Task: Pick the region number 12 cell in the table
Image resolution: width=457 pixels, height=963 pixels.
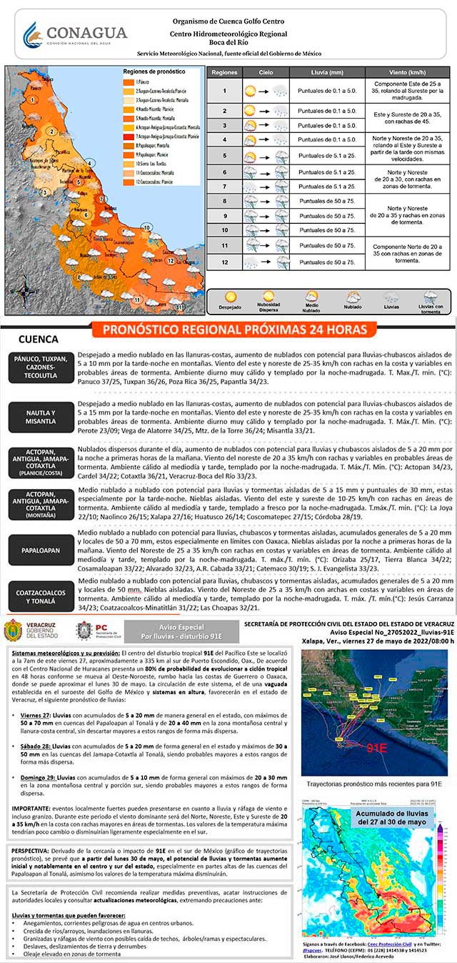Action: click(x=224, y=262)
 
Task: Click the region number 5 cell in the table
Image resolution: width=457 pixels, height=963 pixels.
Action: click(x=224, y=157)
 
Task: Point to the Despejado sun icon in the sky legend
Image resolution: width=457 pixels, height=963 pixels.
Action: click(x=231, y=299)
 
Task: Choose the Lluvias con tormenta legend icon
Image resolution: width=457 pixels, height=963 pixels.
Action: click(x=430, y=300)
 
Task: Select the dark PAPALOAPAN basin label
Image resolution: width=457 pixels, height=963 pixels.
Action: click(x=40, y=550)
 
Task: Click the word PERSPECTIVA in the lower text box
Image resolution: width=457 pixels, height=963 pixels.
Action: click(x=35, y=852)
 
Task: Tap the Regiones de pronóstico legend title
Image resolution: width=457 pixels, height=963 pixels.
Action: click(x=154, y=72)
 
